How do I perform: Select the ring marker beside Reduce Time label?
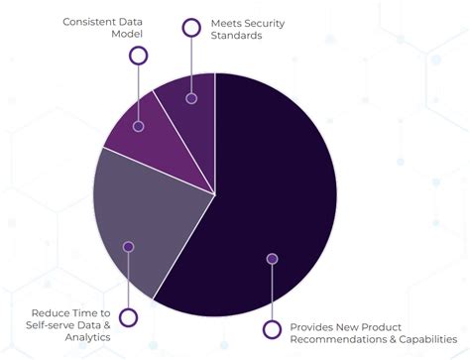tap(127, 316)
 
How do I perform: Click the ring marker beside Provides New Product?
tap(271, 328)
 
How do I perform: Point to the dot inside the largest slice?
tap(272, 259)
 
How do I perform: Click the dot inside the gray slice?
tap(127, 246)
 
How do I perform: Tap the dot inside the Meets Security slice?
tap(191, 98)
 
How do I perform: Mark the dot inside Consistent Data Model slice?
tap(139, 126)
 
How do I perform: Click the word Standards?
tap(238, 35)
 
